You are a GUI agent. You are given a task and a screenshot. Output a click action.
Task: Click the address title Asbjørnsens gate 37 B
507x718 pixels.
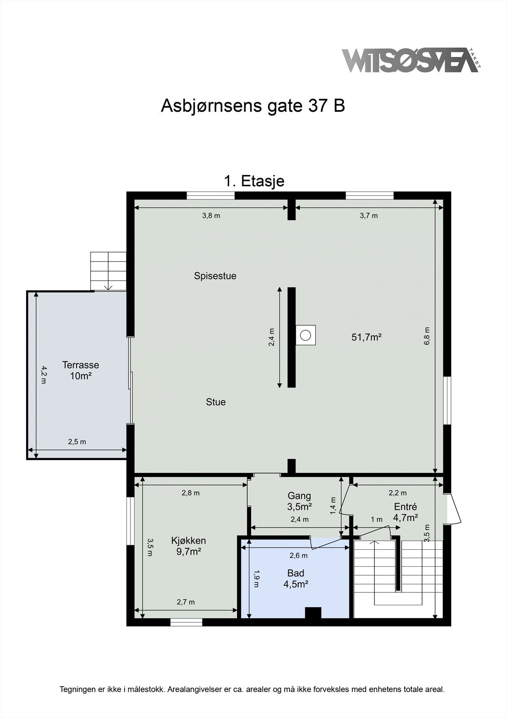pos(253,106)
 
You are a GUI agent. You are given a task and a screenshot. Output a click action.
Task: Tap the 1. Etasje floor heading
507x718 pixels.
pos(254,181)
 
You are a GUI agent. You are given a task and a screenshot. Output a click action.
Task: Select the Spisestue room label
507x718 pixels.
pos(215,276)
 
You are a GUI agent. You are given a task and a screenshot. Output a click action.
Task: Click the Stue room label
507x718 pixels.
pos(216,402)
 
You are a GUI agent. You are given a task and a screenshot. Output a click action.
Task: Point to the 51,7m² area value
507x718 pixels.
pos(366,337)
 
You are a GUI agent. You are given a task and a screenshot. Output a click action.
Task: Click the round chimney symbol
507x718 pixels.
pos(305,335)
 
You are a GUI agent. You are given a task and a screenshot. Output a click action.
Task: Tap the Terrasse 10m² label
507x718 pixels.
pos(81,370)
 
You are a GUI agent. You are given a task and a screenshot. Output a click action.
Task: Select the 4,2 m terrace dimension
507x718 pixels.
pos(43,375)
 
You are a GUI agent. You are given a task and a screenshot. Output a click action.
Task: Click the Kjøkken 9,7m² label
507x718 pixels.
pos(188,546)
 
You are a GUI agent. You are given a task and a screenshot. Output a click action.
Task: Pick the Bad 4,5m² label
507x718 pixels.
pos(296,578)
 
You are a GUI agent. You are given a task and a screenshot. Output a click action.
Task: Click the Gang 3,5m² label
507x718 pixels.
pos(299,501)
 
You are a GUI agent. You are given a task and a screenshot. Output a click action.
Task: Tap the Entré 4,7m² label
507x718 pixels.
pos(405,512)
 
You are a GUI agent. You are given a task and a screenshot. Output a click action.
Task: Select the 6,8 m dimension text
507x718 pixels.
pos(427,336)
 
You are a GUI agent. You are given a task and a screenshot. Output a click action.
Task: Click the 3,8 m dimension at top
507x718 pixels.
pos(211,215)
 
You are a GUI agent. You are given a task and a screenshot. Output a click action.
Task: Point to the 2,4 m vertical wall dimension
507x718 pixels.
pos(272,337)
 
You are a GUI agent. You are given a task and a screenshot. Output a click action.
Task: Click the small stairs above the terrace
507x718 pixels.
pos(108,271)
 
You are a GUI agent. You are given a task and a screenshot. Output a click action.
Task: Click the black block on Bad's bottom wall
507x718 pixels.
pos(313,613)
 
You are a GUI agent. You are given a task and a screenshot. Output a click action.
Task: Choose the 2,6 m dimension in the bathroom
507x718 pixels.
pos(299,556)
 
